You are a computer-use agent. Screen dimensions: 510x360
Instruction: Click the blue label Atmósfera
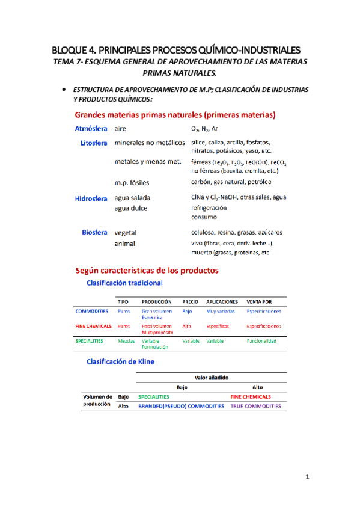(91, 129)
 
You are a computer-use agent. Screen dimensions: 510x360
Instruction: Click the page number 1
(307, 478)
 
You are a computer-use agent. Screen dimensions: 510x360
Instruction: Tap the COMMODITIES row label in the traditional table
(92, 311)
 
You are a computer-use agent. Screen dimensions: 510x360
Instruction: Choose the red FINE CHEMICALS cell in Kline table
(250, 397)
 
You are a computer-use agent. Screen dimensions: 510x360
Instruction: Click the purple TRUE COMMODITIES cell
(255, 407)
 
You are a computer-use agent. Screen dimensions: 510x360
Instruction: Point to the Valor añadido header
(211, 378)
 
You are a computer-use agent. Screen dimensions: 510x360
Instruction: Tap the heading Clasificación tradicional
(125, 282)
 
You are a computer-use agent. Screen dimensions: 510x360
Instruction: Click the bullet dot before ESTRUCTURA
(64, 89)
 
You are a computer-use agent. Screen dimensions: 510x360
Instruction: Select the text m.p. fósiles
(132, 182)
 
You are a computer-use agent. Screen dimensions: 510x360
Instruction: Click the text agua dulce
(130, 209)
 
